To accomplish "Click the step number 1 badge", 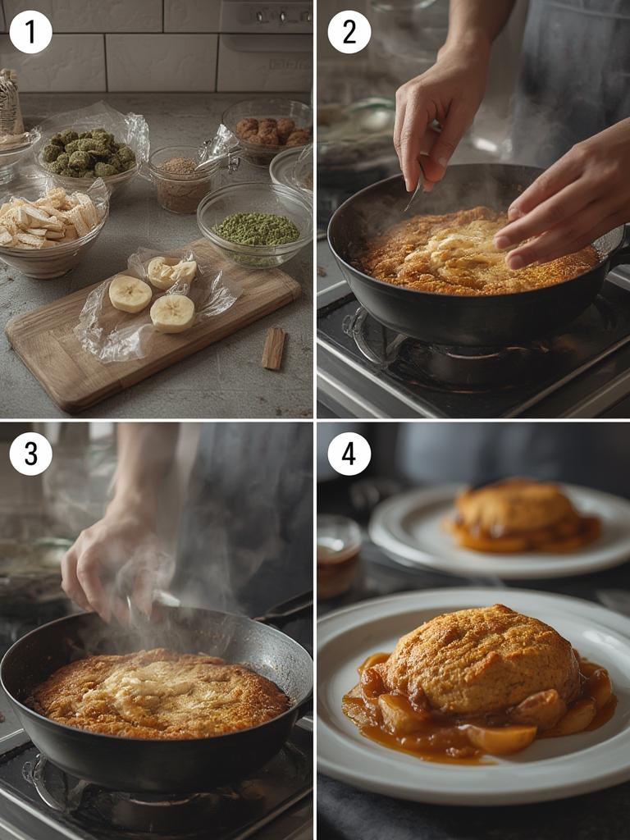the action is (x=30, y=32).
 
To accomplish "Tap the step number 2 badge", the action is (x=349, y=32).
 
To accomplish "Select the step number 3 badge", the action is (x=30, y=454).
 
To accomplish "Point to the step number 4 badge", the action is (x=349, y=454).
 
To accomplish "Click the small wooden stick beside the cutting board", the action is (x=274, y=348).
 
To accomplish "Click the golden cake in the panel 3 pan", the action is (x=158, y=694).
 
